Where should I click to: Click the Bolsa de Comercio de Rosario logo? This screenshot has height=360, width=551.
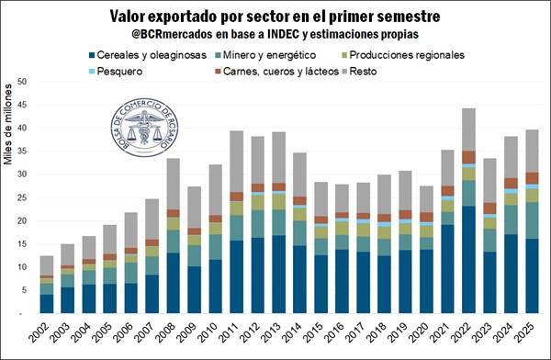point(144,128)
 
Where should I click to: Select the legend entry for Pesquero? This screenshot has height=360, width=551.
point(116,72)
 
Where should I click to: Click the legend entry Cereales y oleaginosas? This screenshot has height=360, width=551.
point(148,55)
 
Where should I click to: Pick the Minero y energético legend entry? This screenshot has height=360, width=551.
point(265,55)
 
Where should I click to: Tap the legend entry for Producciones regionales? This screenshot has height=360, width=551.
point(403,55)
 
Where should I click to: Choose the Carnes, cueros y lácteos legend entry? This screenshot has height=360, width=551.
point(276,72)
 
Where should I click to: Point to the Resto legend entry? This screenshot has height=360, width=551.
point(359,72)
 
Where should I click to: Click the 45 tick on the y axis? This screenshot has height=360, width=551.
point(22,105)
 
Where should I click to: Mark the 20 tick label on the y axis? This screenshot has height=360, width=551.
point(22,220)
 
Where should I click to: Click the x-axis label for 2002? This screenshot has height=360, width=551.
point(39,332)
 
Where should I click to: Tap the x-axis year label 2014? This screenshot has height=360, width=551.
point(292,332)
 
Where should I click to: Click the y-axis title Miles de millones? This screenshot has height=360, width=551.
point(7,124)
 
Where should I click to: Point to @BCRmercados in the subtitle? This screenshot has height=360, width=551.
point(173,34)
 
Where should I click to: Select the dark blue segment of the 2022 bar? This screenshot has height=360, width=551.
point(468,260)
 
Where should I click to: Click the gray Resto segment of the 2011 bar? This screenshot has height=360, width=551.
point(237,162)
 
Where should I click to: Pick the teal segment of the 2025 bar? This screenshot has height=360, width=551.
point(532,220)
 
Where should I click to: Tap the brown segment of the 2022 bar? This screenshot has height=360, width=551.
point(468,157)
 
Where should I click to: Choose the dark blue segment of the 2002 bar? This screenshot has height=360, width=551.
point(47,304)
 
